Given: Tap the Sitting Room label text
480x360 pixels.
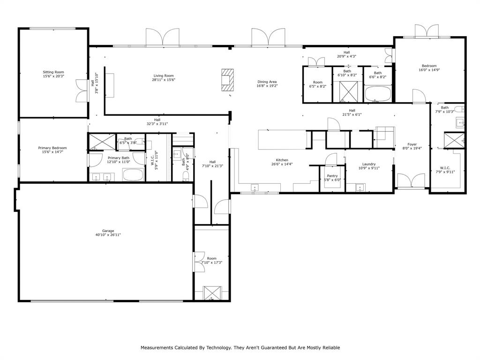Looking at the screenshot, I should (x=53, y=72).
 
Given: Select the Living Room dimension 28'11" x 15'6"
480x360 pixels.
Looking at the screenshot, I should (x=163, y=80).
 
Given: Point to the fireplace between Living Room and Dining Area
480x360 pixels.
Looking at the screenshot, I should (x=227, y=78).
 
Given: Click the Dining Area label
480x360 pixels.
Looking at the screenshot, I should (x=267, y=82).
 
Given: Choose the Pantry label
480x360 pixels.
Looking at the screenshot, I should (x=332, y=176).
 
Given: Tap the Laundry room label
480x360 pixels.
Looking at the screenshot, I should (x=369, y=164).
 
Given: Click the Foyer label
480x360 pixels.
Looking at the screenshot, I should (x=412, y=144).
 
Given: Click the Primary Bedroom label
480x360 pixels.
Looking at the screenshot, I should (x=52, y=148).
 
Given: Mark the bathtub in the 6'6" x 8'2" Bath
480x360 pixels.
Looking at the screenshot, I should (x=377, y=94).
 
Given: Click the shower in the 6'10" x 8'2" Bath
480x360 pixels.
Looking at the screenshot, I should (x=347, y=91).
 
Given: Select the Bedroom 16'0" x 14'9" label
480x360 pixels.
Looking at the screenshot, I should (x=429, y=66).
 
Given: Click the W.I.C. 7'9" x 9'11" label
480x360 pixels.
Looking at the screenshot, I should (x=445, y=167).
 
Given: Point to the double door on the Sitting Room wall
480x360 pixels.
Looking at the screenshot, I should (x=82, y=90).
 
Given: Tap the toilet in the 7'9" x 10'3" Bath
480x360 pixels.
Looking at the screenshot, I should (x=460, y=110).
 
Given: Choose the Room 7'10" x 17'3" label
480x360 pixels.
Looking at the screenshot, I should (x=212, y=258).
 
